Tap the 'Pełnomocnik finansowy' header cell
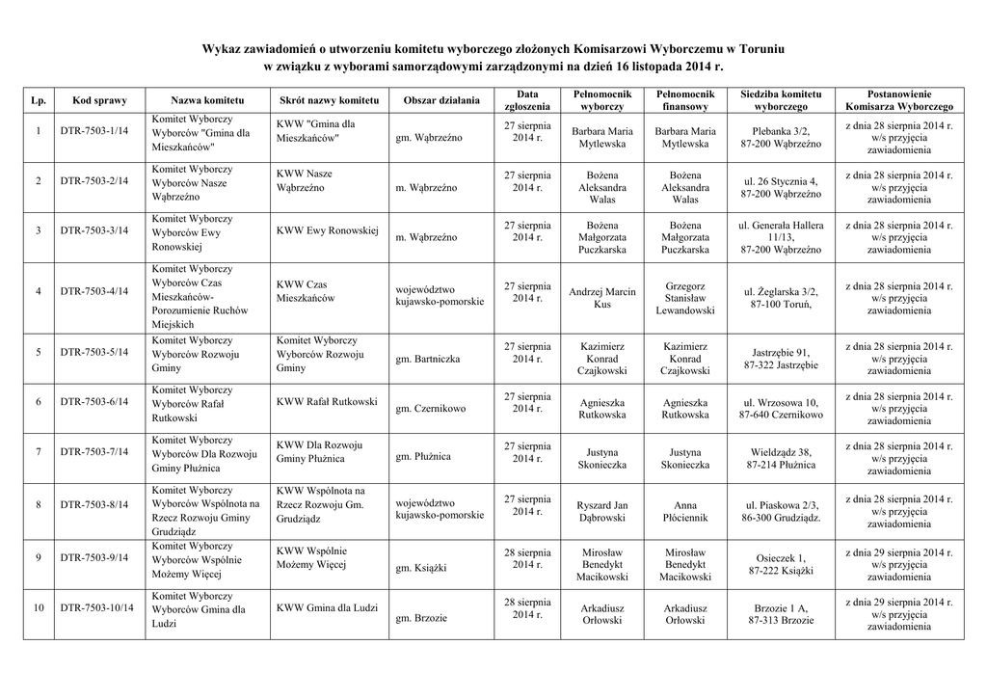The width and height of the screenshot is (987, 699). [684, 100]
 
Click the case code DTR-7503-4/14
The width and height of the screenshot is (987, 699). [93, 291]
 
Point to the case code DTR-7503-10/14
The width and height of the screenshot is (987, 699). [96, 607]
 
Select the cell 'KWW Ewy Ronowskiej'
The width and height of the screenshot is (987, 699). [328, 231]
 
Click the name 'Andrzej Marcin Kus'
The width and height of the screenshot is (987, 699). [602, 298]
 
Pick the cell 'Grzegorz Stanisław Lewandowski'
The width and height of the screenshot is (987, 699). [684, 298]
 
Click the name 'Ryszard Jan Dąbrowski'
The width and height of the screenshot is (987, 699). [602, 511]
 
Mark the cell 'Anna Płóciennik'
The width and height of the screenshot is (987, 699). [684, 511]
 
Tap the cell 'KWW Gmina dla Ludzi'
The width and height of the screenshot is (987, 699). [327, 607]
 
